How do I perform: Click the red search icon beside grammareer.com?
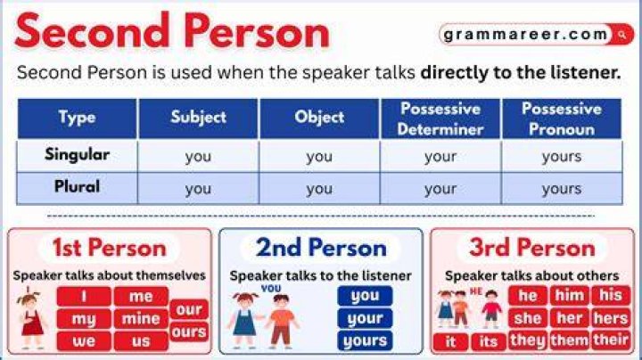click(x=622, y=35)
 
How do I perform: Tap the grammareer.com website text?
click(x=525, y=35)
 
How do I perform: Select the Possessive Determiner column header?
click(x=440, y=119)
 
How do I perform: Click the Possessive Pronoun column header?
click(x=562, y=119)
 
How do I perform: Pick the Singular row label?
click(x=77, y=155)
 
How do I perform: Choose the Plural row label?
click(x=77, y=186)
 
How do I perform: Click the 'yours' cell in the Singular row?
click(x=562, y=156)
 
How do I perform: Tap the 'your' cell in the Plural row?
click(x=440, y=189)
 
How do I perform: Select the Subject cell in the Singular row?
click(x=198, y=156)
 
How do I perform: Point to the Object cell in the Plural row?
click(x=319, y=189)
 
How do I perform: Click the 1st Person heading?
click(x=110, y=248)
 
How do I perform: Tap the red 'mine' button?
click(x=141, y=319)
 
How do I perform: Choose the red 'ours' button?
click(x=189, y=331)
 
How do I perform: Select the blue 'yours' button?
click(x=365, y=340)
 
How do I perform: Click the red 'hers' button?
click(x=611, y=318)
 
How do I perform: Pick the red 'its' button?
click(x=488, y=341)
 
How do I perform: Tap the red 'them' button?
click(x=569, y=340)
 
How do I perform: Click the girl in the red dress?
click(x=30, y=319)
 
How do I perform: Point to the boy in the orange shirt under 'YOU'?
click(x=282, y=321)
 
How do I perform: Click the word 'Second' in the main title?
click(x=92, y=30)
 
